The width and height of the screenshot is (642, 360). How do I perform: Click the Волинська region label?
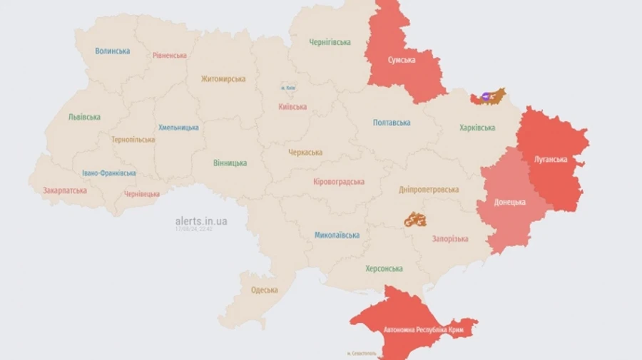(113, 51)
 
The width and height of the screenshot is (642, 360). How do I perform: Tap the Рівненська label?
(170, 56)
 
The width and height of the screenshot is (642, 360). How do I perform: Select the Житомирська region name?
(223, 79)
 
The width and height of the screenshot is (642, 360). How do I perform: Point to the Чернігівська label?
(330, 42)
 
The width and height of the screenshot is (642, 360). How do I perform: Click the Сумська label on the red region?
(402, 60)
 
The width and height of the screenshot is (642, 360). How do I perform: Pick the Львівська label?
(84, 117)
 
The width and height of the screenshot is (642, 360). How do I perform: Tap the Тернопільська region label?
(133, 140)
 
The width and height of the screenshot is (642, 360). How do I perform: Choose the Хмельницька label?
(178, 128)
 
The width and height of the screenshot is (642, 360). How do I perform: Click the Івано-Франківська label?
(108, 173)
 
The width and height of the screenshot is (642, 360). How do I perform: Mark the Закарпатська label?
(65, 190)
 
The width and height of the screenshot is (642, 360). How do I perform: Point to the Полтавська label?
(392, 123)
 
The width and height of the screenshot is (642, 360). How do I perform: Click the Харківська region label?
(477, 128)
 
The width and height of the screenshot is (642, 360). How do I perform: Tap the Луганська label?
(551, 159)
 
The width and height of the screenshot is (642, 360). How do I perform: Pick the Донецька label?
(511, 202)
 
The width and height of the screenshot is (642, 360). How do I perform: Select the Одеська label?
(264, 290)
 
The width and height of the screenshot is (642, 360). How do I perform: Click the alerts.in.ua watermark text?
(201, 221)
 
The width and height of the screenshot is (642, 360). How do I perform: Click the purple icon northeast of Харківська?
(486, 96)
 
